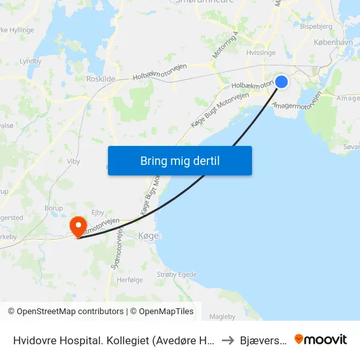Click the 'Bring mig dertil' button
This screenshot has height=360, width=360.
179,161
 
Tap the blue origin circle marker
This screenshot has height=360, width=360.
281,81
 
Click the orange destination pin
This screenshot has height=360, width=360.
79,226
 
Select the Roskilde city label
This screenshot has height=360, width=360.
101,79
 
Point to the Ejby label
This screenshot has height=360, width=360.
98,211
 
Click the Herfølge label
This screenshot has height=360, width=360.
129,279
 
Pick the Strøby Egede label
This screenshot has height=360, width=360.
176,274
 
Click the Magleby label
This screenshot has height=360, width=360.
222,317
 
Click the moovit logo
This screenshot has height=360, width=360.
321,339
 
